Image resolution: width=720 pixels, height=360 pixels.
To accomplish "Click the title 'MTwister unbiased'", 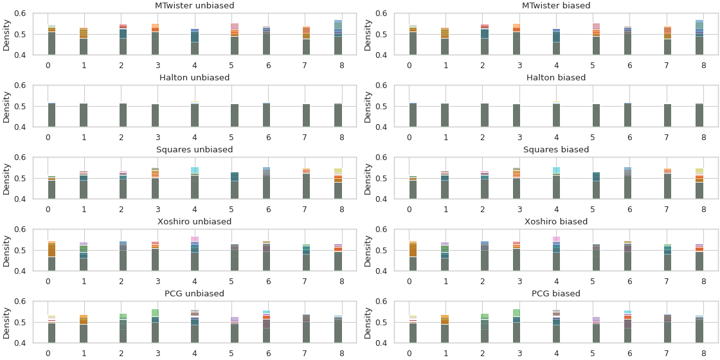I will [x=195, y=6].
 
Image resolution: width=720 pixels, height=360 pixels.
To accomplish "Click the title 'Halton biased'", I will [x=556, y=78].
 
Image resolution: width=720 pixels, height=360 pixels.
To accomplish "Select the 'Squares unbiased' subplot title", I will [x=195, y=150].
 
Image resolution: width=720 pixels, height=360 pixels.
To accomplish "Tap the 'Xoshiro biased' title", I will [x=556, y=222].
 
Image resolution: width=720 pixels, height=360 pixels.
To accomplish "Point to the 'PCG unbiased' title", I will [x=195, y=294].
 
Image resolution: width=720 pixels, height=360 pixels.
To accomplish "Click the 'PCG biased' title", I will [x=556, y=294].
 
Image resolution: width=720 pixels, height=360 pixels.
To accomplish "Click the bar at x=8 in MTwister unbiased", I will [x=338, y=39].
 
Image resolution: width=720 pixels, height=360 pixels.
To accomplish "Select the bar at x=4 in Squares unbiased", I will [x=195, y=184].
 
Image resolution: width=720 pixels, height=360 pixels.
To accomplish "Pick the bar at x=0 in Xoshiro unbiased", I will [x=51, y=257].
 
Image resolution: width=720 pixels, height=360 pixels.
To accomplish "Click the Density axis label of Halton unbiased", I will [x=6, y=106].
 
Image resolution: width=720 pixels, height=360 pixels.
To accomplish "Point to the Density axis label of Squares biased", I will [x=368, y=178].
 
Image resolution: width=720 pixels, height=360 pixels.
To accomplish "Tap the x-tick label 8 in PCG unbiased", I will [x=342, y=353].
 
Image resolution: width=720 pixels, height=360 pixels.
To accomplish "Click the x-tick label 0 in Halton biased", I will [x=409, y=137].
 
